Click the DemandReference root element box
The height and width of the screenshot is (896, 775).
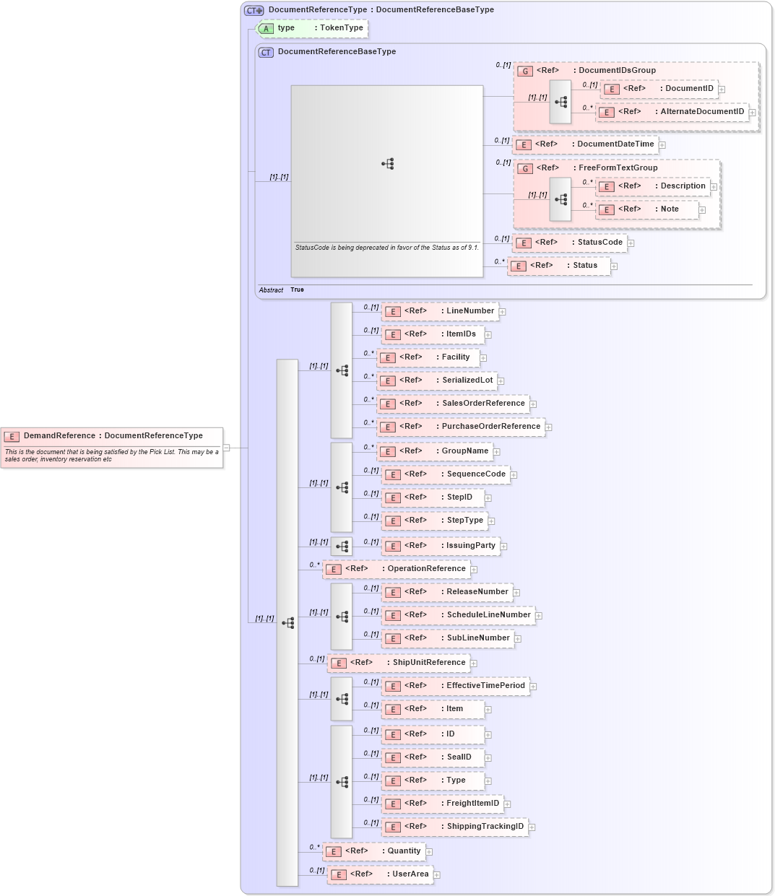pyautogui.click(x=112, y=436)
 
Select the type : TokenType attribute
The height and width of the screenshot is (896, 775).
pyautogui.click(x=313, y=28)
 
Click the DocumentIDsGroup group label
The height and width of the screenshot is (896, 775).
pyautogui.click(x=616, y=71)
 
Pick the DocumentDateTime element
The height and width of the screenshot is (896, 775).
pyautogui.click(x=586, y=144)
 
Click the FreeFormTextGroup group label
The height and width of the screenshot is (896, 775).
pyautogui.click(x=617, y=168)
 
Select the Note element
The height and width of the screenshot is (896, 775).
pyautogui.click(x=647, y=209)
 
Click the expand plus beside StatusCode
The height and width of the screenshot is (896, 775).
pyautogui.click(x=631, y=243)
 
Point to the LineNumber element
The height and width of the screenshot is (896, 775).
pyautogui.click(x=440, y=311)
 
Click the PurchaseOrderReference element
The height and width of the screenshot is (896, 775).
pyautogui.click(x=461, y=427)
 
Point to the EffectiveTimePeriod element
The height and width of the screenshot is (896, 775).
pyautogui.click(x=455, y=686)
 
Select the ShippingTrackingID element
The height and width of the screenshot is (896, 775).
pyautogui.click(x=454, y=827)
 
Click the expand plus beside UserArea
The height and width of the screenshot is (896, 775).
pyautogui.click(x=437, y=875)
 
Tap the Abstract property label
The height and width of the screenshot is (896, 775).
pyautogui.click(x=271, y=290)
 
